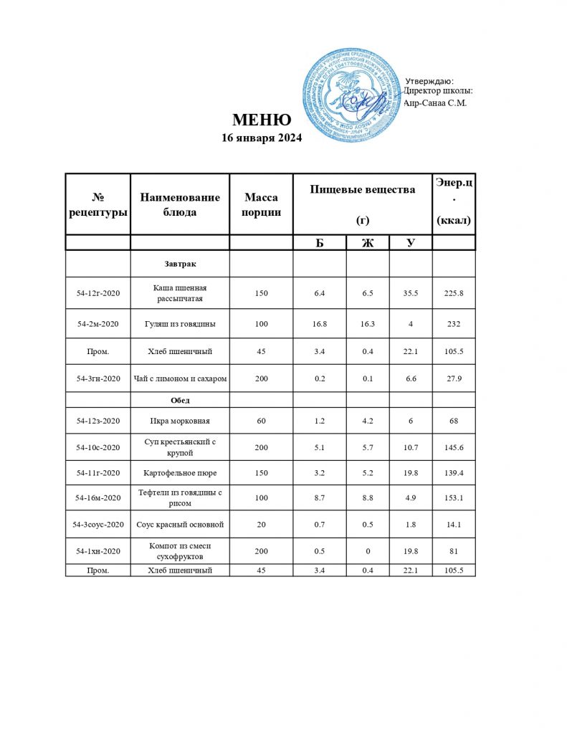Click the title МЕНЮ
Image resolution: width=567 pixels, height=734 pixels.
[x=261, y=120]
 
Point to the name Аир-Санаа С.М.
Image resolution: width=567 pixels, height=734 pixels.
[x=435, y=103]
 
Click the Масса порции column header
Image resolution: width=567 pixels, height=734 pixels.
[x=261, y=204]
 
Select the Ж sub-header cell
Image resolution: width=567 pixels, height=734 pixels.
[x=367, y=242]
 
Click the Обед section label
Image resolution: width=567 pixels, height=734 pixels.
[x=180, y=399]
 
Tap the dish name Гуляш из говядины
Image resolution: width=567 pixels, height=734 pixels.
[x=180, y=324]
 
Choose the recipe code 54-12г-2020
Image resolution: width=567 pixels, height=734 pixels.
[x=98, y=292]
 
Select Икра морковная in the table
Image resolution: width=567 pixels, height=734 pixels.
[x=180, y=420]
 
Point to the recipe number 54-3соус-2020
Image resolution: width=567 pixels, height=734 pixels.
[x=98, y=525]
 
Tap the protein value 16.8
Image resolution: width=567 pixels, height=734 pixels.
[x=320, y=324]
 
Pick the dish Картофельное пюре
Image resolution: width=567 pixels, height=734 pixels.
[x=180, y=473]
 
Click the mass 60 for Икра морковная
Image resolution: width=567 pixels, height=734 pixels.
[x=261, y=420]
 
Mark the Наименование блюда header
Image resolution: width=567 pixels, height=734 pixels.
[x=180, y=204]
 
